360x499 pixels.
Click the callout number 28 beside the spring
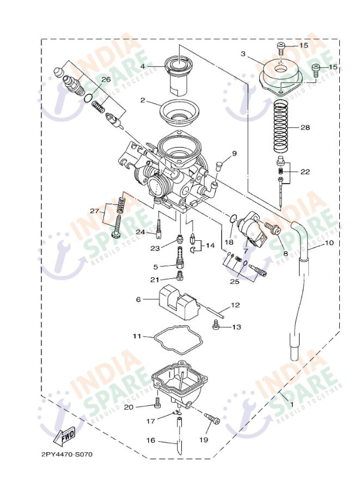(x=305, y=127)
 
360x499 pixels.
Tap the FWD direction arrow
(x=65, y=436)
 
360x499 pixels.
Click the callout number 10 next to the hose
(x=329, y=244)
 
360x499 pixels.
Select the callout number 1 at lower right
(x=291, y=405)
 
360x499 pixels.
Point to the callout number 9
(x=234, y=153)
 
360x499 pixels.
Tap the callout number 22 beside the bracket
(x=305, y=172)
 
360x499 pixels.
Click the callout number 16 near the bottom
(x=150, y=440)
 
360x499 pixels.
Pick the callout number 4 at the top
(x=143, y=66)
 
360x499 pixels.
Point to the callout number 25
(x=234, y=282)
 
